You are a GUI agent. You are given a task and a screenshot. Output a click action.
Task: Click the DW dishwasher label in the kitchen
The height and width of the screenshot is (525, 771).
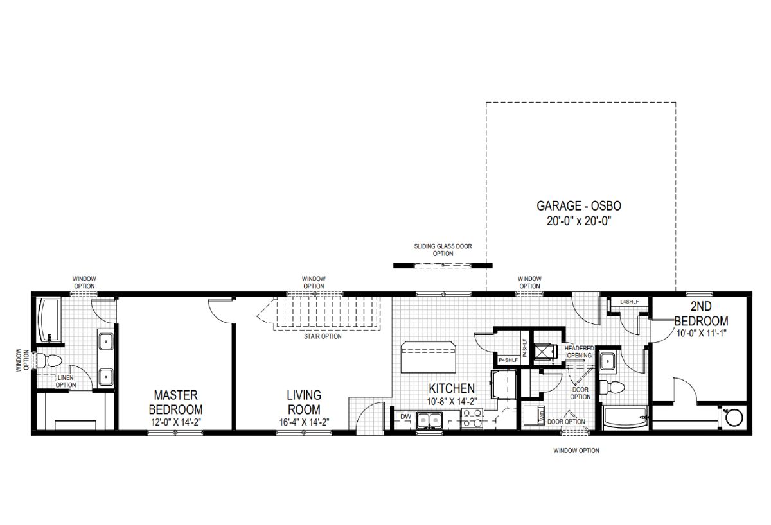click(x=405, y=417)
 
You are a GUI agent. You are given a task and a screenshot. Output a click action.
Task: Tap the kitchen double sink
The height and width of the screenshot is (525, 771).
click(x=429, y=420)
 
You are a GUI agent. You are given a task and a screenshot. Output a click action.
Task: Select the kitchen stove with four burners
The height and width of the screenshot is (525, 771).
click(x=472, y=421)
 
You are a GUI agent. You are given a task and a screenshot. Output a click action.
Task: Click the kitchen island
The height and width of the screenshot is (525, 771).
click(x=427, y=357)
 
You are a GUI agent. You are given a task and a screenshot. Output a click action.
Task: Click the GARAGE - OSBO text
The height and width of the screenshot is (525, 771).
click(x=579, y=206)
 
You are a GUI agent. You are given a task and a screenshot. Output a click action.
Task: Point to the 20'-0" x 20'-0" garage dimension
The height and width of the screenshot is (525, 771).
click(x=579, y=220)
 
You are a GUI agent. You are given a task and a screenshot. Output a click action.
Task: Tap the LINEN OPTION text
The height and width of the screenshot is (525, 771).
click(x=66, y=381)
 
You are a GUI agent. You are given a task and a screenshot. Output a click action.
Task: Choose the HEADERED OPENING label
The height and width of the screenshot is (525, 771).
click(x=579, y=352)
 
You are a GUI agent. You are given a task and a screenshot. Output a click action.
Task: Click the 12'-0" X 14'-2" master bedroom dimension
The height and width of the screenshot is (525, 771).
click(x=175, y=422)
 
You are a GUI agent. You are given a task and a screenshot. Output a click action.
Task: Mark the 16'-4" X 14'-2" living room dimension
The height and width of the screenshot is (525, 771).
click(x=304, y=422)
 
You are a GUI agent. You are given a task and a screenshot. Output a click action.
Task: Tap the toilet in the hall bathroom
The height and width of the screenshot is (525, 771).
click(x=613, y=388)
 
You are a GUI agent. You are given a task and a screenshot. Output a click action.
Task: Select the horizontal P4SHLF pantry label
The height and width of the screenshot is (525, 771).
click(x=508, y=360)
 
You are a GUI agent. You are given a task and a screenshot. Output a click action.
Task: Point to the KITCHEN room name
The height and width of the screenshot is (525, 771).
click(x=452, y=389)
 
